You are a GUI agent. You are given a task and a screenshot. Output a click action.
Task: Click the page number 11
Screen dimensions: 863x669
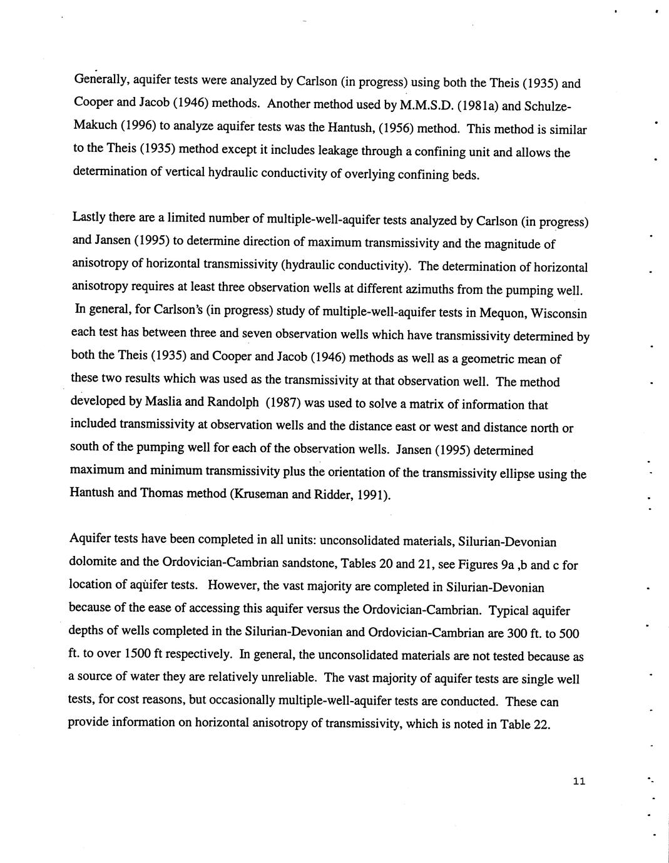[578, 781]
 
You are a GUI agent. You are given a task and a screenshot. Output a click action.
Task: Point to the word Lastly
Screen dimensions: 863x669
[89, 218]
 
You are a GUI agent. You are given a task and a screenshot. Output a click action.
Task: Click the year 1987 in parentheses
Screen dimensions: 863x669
[285, 403]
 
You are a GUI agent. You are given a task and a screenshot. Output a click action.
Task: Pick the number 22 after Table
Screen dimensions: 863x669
[541, 725]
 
